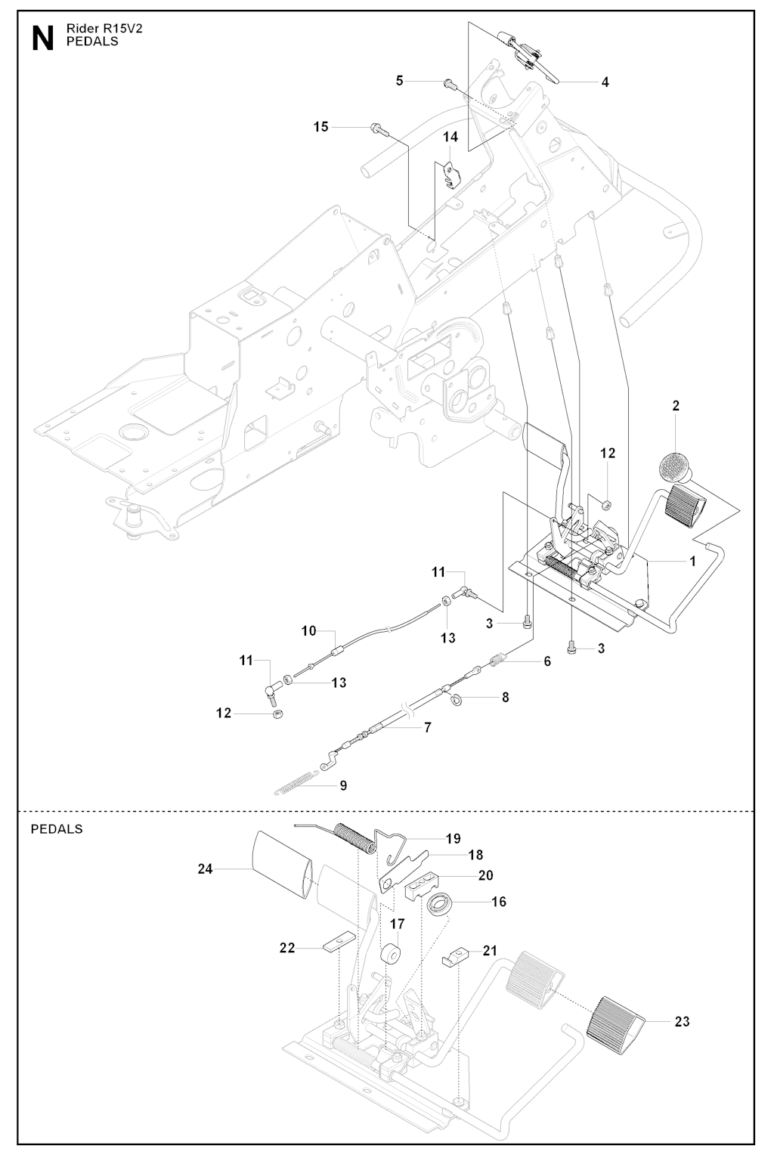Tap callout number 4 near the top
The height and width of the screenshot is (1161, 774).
pos(605,82)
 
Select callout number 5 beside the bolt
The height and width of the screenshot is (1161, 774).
pos(400,80)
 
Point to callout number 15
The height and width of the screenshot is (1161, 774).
pos(321,126)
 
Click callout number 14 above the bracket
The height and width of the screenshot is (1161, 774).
pos(450,137)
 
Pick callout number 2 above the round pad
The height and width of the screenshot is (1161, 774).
pos(676,406)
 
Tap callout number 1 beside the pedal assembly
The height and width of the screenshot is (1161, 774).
pos(692,562)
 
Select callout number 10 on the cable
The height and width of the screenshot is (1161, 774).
pos(308,630)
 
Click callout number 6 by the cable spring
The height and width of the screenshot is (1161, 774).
pos(546,661)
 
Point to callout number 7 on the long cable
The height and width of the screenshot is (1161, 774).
pos(428,728)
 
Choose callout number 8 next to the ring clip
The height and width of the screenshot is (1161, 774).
pos(505,697)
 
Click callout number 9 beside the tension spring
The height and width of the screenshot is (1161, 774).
pos(343,785)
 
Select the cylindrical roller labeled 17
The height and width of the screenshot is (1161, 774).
pos(392,955)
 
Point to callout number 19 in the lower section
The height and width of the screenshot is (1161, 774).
pos(453,838)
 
